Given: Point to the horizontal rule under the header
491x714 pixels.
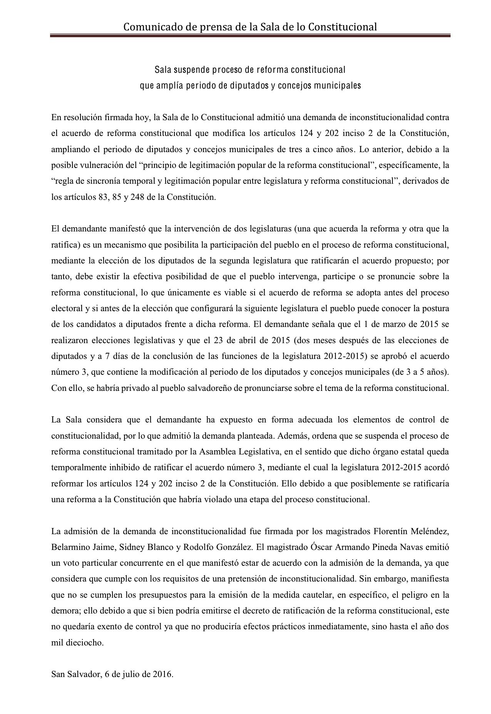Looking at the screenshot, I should [x=250, y=36].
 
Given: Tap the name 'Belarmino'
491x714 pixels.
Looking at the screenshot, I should [x=69, y=547].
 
